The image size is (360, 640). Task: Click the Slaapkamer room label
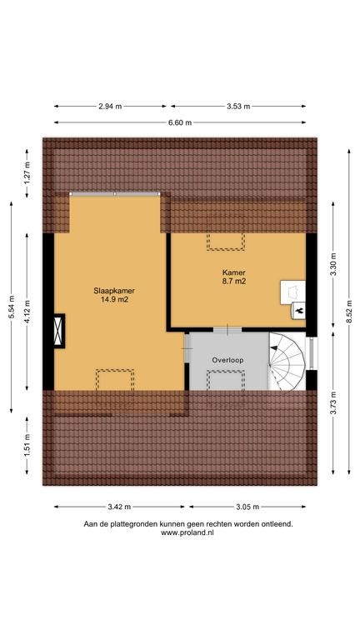[114, 291]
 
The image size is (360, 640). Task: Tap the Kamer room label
[234, 272]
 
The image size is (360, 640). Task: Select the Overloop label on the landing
[227, 360]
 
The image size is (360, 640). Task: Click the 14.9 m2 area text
[114, 299]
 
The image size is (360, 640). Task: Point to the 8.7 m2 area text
[234, 281]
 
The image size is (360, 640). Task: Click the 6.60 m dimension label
[180, 122]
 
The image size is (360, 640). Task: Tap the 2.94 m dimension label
[110, 106]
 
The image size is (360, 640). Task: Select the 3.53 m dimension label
[238, 106]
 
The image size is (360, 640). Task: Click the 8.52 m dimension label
[349, 312]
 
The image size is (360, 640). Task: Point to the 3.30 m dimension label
[333, 265]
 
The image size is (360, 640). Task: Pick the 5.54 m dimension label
[11, 307]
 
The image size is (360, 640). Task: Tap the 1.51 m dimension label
[27, 446]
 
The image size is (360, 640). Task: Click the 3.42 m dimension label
[119, 507]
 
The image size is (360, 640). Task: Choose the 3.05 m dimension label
[247, 507]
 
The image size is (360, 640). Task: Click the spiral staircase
[287, 362]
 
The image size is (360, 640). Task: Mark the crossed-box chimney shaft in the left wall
[59, 331]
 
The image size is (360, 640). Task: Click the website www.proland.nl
[187, 532]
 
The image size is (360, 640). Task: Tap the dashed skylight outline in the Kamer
[225, 241]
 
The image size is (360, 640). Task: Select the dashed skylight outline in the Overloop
[226, 380]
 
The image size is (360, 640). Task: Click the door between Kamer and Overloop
[227, 330]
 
